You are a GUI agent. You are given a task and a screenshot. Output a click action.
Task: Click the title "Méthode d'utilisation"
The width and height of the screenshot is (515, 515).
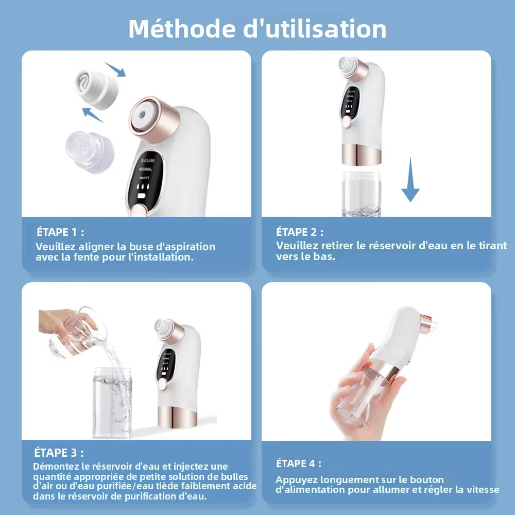click(x=257, y=29)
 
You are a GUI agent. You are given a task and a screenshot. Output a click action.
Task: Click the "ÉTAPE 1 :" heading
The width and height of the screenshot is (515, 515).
click(x=60, y=232)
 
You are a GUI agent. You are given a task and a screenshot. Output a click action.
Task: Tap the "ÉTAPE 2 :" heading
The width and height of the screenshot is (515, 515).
click(x=300, y=232)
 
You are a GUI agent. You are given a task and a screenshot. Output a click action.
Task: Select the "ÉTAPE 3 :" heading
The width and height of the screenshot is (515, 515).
click(x=59, y=453)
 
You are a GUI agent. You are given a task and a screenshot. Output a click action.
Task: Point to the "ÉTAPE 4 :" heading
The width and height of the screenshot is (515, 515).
click(x=299, y=463)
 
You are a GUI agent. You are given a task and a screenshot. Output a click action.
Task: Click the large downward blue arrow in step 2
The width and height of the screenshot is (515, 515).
click(x=410, y=180)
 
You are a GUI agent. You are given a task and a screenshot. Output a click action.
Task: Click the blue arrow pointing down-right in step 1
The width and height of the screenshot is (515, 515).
click(x=115, y=69)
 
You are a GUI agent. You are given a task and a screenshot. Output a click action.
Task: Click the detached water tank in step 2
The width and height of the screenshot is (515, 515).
click(x=361, y=193)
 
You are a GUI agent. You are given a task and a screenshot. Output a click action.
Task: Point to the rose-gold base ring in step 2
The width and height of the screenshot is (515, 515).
click(x=361, y=154)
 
